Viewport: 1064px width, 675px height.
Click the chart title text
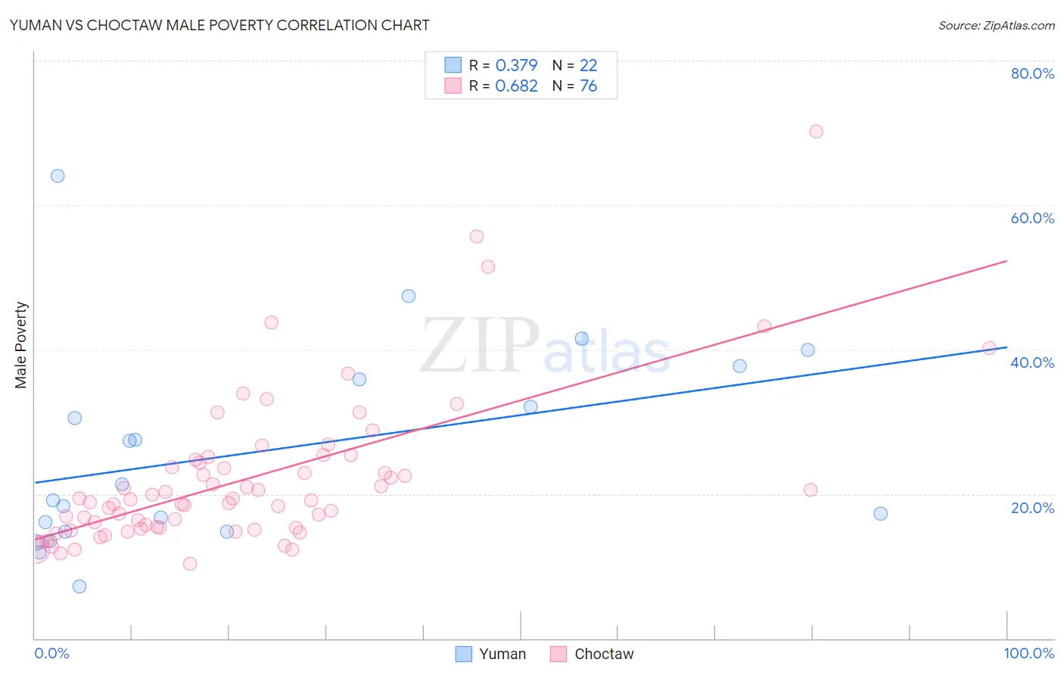pos(219,25)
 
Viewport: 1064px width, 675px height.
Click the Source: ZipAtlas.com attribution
pos(996,25)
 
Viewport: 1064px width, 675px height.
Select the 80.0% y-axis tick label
pos(1032,73)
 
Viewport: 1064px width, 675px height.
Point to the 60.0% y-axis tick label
pos(1032,218)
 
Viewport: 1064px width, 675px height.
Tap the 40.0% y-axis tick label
pos(1032,362)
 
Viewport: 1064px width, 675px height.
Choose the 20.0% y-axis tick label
pos(1032,508)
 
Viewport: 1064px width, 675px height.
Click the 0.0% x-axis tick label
pos(51,653)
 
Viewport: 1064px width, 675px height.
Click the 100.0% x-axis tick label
pos(1028,653)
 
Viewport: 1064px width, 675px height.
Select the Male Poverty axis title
pos(21,345)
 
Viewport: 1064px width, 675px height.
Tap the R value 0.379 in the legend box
pos(516,65)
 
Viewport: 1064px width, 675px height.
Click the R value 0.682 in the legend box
pos(516,86)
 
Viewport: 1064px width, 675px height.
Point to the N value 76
pos(588,86)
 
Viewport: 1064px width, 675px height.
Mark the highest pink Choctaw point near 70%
pos(816,132)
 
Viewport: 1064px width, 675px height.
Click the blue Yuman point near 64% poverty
pos(58,176)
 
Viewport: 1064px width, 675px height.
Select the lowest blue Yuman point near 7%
pos(79,586)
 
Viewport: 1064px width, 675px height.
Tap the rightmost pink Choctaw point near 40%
pos(989,348)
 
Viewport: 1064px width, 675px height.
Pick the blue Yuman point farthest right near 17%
pos(880,514)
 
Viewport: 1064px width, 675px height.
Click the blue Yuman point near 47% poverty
pos(409,297)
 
